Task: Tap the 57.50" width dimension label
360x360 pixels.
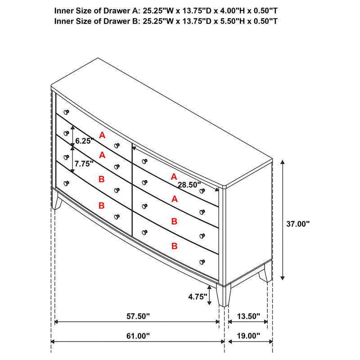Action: pyautogui.click(x=138, y=316)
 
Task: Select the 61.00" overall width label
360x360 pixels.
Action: pyautogui.click(x=138, y=336)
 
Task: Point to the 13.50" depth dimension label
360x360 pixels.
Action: pyautogui.click(x=248, y=316)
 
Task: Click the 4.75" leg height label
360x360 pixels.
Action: pyautogui.click(x=197, y=296)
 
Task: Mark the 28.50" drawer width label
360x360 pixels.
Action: pyautogui.click(x=189, y=184)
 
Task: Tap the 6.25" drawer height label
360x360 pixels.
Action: pyautogui.click(x=84, y=141)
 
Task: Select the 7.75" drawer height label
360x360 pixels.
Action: pyautogui.click(x=84, y=163)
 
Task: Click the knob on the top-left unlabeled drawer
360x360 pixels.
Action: pyautogui.click(x=67, y=112)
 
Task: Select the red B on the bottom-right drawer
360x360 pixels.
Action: pyautogui.click(x=175, y=246)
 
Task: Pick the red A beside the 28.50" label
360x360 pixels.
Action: pyautogui.click(x=174, y=177)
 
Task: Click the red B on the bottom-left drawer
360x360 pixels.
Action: pyautogui.click(x=102, y=205)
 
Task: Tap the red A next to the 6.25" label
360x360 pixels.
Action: pyautogui.click(x=102, y=135)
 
